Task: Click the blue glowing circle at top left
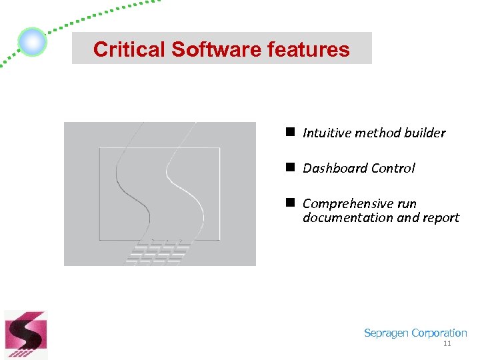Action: pyautogui.click(x=32, y=42)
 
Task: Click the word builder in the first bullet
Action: pyautogui.click(x=425, y=133)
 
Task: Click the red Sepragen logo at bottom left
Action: pyautogui.click(x=26, y=335)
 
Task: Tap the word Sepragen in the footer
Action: pyautogui.click(x=386, y=333)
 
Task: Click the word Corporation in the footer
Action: pyautogui.click(x=439, y=333)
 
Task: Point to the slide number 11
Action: pyautogui.click(x=447, y=343)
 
